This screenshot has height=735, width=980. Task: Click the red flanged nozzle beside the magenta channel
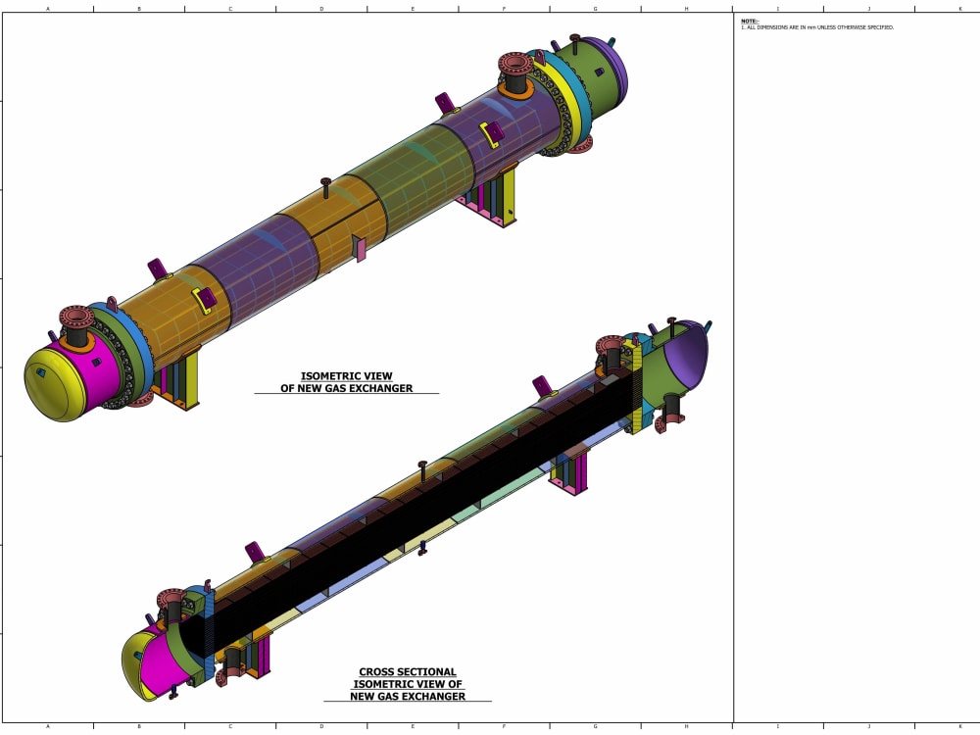click(75, 320)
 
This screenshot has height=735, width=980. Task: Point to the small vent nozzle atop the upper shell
click(325, 186)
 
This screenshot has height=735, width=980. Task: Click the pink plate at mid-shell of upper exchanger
click(360, 250)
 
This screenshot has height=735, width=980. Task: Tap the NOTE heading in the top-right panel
click(749, 21)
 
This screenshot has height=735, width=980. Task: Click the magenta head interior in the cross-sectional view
click(157, 660)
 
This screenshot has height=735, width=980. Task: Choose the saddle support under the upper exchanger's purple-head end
click(495, 201)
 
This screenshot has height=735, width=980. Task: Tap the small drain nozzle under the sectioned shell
click(422, 549)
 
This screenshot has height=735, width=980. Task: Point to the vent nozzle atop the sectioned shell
click(422, 468)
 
